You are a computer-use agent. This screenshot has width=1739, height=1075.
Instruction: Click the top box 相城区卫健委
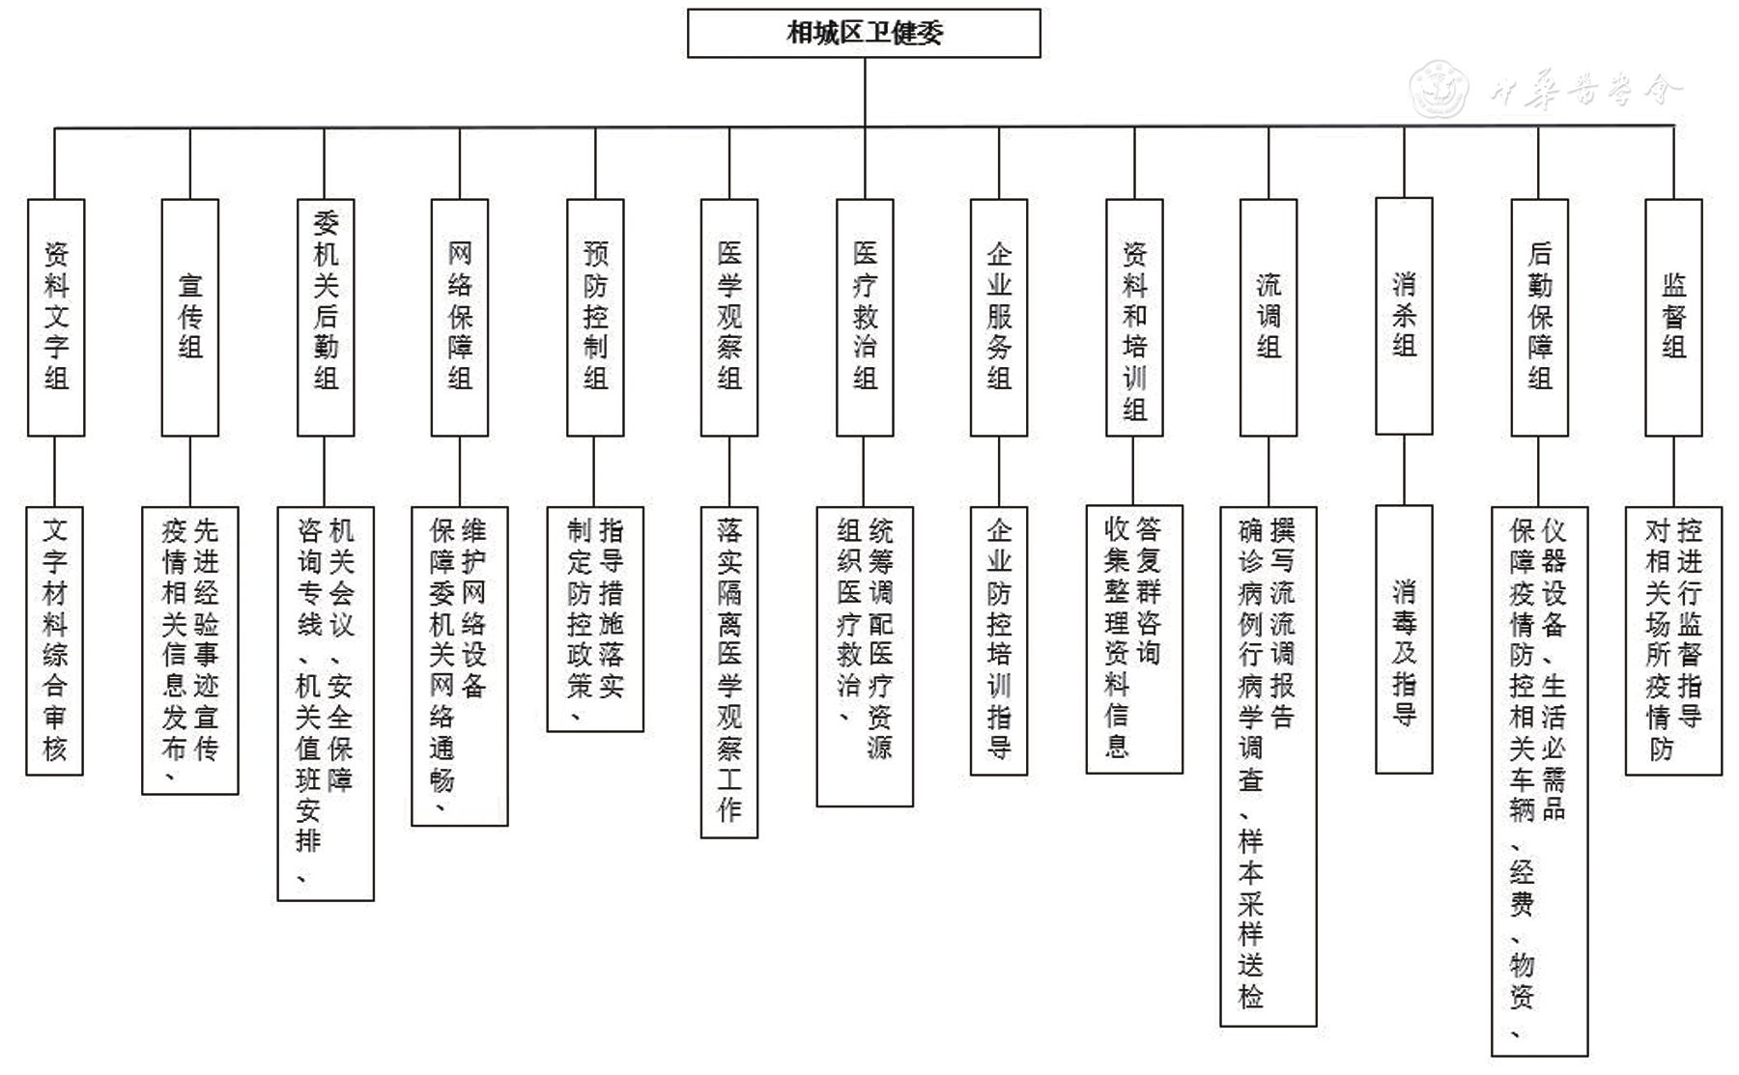coord(864,34)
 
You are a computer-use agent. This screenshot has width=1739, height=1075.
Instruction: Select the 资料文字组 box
coord(56,317)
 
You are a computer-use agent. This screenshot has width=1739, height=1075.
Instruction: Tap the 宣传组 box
coord(190,317)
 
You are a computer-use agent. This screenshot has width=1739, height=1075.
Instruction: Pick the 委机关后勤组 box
coord(326,317)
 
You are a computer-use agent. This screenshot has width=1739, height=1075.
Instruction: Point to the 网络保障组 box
coord(460,317)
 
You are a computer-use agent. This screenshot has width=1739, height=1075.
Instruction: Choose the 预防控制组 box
coord(595,317)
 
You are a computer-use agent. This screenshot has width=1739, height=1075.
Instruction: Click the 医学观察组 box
coord(729,317)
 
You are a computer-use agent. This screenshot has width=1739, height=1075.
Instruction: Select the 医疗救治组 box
coord(865,317)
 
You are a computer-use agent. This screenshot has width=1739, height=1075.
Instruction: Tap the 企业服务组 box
coord(999,317)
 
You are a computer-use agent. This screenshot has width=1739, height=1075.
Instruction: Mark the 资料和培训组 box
coord(1134,317)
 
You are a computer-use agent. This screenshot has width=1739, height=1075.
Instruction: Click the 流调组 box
coord(1269,317)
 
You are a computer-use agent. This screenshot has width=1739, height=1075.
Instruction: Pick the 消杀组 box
coord(1404,316)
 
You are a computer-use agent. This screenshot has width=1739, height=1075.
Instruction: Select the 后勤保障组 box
coord(1539,317)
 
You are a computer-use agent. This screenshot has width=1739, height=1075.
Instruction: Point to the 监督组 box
coord(1673,317)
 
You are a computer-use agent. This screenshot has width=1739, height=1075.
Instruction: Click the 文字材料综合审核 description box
coord(55,640)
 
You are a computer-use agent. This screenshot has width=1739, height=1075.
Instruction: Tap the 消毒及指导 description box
coord(1404,639)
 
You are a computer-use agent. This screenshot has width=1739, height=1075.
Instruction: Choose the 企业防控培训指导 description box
coord(999,640)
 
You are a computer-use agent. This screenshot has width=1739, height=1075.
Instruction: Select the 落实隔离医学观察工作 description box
coord(729,671)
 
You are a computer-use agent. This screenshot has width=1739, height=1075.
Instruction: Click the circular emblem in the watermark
coord(1439,90)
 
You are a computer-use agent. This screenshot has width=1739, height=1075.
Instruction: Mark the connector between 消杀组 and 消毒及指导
coord(1404,470)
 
